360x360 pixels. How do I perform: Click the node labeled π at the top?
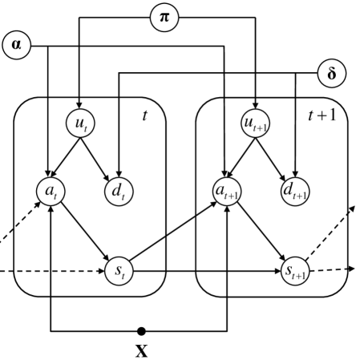click(165, 16)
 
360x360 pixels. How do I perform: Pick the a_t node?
click(51, 192)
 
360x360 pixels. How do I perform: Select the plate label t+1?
click(323, 115)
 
